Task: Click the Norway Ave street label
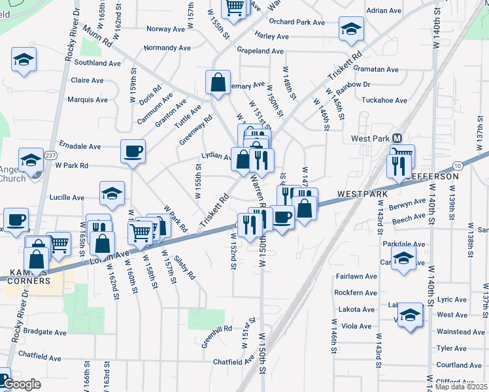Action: (x=166, y=29)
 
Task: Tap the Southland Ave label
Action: (x=97, y=63)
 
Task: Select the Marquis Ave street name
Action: (x=88, y=100)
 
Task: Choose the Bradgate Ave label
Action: (x=44, y=332)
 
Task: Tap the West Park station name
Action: (x=370, y=139)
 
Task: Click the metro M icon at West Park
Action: (x=396, y=138)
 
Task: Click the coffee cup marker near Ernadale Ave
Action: (x=133, y=152)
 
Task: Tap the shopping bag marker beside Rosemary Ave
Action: (x=218, y=83)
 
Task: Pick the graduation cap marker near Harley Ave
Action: (x=351, y=29)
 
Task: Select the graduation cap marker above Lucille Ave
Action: (x=112, y=193)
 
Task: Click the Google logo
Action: (x=22, y=384)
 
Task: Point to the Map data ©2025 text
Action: (x=461, y=387)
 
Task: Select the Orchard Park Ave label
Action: (x=297, y=22)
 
